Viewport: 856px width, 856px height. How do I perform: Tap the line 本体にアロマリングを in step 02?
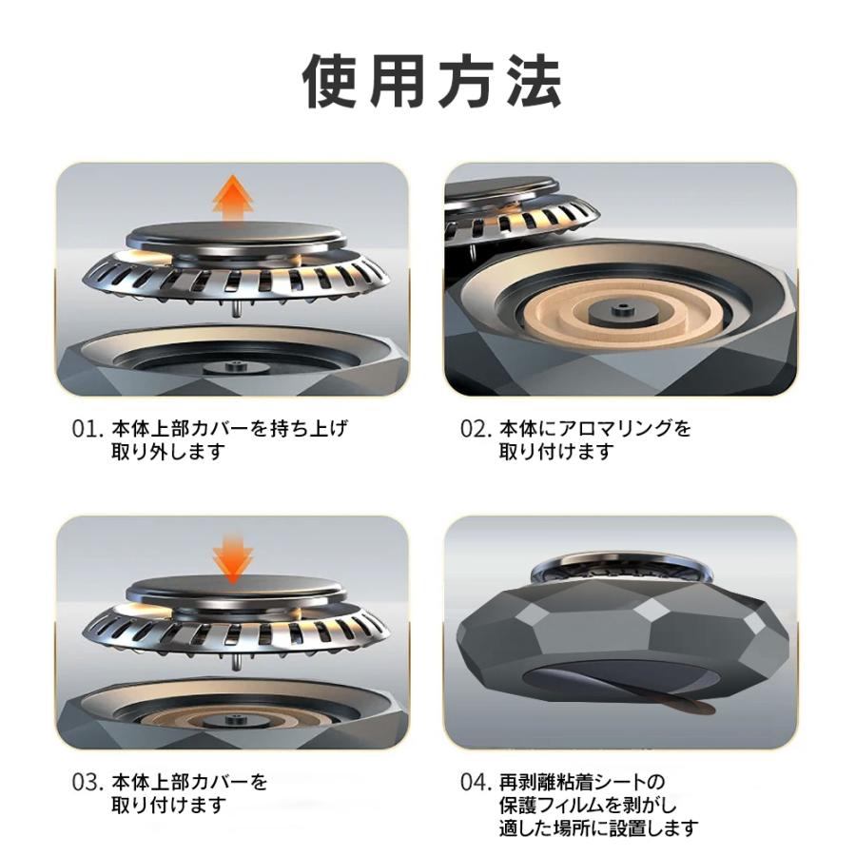[595, 429]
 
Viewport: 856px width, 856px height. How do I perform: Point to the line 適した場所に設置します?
[598, 827]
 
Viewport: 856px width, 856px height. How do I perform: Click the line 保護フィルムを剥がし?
[588, 806]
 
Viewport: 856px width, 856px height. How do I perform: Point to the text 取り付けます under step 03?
[169, 806]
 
